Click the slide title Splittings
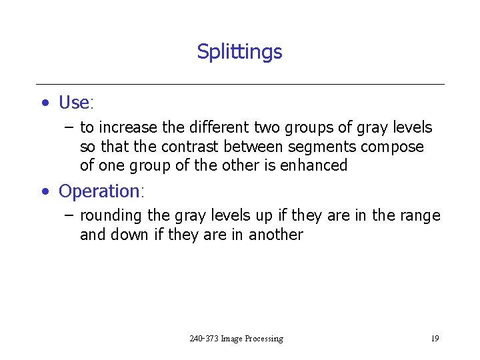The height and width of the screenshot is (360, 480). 239,52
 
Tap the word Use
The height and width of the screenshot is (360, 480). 74,103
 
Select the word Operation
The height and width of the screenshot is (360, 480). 99,191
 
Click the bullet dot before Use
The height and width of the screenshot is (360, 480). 45,103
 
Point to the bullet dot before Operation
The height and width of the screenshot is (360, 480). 45,192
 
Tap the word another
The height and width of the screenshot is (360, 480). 275,235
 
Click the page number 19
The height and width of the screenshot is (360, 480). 434,339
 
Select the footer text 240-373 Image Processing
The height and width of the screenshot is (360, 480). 236,339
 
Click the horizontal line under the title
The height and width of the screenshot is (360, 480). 240,85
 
